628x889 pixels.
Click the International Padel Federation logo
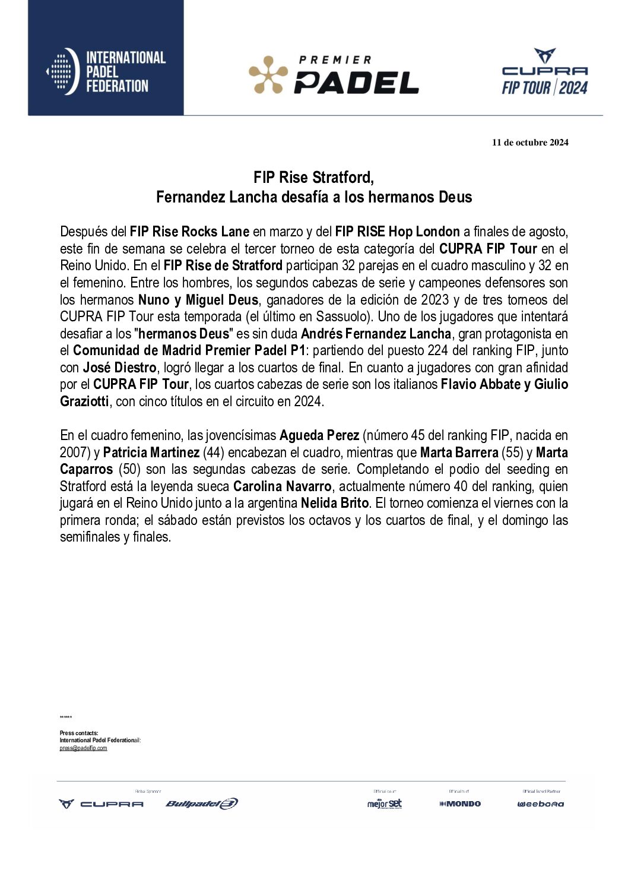106,72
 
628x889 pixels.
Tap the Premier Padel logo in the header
334,75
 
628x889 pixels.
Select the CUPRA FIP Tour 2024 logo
544,72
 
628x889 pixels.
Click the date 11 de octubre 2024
529,143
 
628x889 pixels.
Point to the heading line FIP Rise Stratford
313,178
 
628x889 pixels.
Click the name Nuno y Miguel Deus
198,300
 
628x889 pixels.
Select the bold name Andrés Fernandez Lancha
376,334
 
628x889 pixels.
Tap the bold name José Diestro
119,368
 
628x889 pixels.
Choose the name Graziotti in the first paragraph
84,401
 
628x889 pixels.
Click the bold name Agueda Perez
319,436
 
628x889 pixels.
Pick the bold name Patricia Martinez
151,453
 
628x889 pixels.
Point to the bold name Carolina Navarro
282,487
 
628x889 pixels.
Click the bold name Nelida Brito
335,504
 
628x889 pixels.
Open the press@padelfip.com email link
83,748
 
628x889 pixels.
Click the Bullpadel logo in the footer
202,804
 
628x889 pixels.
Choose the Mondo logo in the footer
460,804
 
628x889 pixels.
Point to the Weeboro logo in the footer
541,804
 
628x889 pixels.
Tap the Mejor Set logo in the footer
385,804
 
